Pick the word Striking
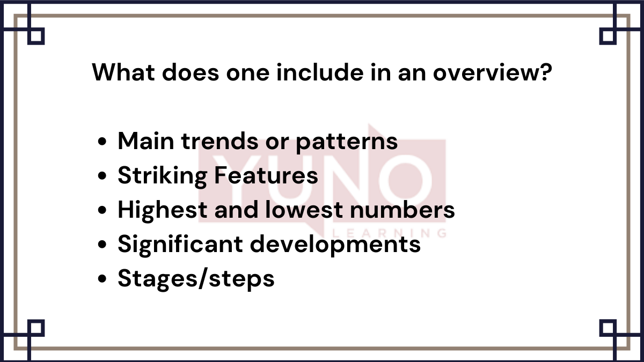(x=162, y=176)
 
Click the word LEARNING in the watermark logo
(x=390, y=234)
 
